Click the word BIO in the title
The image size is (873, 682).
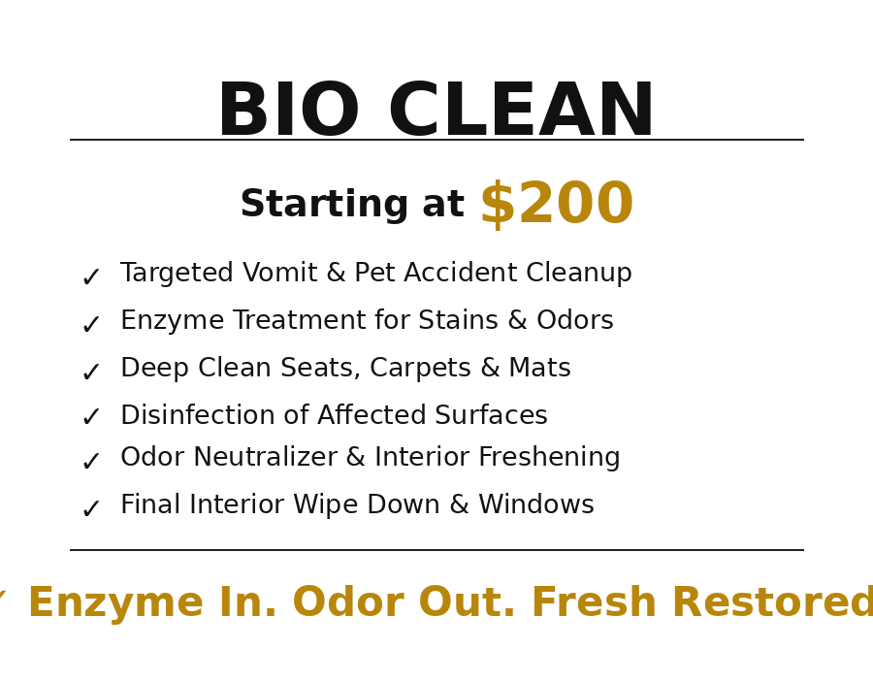pos(288,113)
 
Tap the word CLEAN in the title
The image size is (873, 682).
pos(521,113)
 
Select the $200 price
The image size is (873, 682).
pos(556,206)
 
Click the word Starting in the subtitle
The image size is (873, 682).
pos(324,206)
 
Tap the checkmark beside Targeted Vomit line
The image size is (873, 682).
pos(90,278)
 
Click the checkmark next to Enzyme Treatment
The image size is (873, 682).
pos(90,326)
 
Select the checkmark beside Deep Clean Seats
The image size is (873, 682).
pos(90,373)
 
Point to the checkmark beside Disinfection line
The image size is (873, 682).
pos(90,418)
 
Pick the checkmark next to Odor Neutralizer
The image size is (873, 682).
pos(90,463)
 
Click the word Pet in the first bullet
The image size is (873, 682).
pos(373,275)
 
